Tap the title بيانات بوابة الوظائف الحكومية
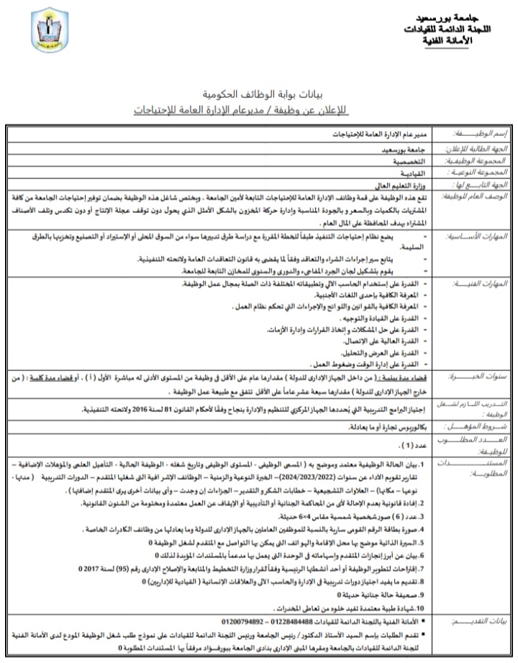(x=258, y=94)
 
